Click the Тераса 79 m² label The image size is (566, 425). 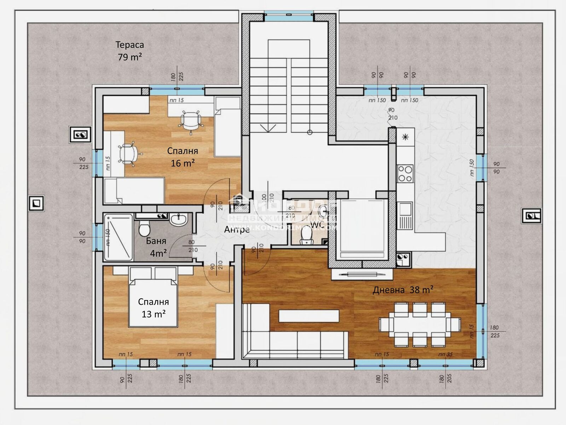click(129, 51)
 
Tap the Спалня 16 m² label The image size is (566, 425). click(183, 157)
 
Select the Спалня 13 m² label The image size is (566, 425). click(153, 308)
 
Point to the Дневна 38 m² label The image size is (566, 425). click(403, 290)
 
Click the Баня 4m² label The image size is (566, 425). click(156, 247)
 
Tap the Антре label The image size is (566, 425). click(237, 229)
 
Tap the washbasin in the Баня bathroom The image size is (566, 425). click(179, 219)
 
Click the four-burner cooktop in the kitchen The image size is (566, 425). click(405, 173)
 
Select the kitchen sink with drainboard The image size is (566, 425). click(405, 216)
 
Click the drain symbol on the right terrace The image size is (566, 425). click(531, 216)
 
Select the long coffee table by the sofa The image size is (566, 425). click(309, 316)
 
